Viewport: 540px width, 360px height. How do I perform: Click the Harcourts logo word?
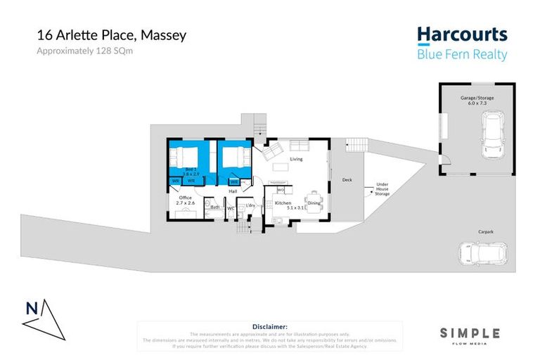pyautogui.click(x=461, y=34)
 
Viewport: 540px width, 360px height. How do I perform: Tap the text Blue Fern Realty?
pyautogui.click(x=462, y=54)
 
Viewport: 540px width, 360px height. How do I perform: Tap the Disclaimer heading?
pyautogui.click(x=269, y=327)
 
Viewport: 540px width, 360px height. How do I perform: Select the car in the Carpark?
pyautogui.click(x=484, y=253)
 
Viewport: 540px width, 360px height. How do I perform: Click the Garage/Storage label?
pyautogui.click(x=477, y=98)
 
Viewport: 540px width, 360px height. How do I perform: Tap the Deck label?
pyautogui.click(x=347, y=180)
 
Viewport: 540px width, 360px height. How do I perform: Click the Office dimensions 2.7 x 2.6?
pyautogui.click(x=186, y=205)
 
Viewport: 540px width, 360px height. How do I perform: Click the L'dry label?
pyautogui.click(x=250, y=205)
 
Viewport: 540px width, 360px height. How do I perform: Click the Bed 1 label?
pyautogui.click(x=191, y=169)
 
